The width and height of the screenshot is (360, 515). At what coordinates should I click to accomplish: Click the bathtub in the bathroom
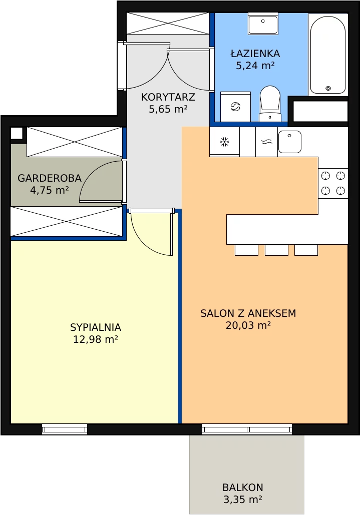coord(328,55)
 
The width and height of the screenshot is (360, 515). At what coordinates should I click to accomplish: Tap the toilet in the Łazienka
coord(270,104)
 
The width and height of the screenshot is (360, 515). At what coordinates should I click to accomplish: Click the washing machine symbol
coord(235,107)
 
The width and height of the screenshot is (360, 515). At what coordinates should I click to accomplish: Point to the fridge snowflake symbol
coord(225,142)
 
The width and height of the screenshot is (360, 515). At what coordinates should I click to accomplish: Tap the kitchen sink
coord(290,142)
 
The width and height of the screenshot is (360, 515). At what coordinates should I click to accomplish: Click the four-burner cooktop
coord(333,183)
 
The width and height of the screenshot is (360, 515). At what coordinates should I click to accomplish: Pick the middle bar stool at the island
coord(276,250)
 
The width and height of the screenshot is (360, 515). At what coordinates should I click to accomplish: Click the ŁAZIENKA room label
coord(255,53)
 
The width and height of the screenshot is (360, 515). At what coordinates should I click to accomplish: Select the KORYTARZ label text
coord(168,97)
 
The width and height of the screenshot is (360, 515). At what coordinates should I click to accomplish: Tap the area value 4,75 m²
coord(50,190)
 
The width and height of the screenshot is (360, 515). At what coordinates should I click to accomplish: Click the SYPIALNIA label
coord(96,327)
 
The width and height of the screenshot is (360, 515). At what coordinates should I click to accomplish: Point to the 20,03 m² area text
coord(248,325)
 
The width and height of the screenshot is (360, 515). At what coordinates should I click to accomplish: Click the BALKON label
coord(243,487)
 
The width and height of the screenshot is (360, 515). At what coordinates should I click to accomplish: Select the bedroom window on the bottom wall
coord(65,429)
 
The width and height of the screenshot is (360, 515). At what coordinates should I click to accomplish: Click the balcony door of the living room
coord(247,429)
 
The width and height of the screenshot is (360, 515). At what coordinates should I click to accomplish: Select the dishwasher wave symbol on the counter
coord(267,142)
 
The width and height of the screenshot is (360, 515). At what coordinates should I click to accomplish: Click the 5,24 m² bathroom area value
coord(255,66)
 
